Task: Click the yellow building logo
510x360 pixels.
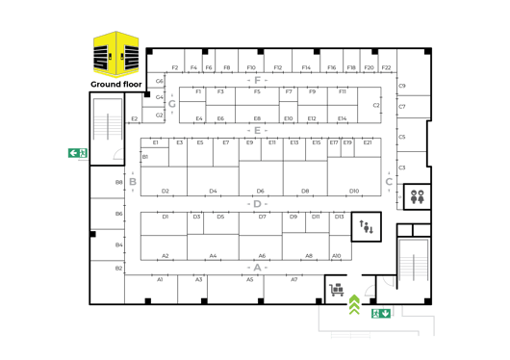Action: click(x=116, y=54)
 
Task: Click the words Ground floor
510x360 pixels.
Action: click(x=115, y=85)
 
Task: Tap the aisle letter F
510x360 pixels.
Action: click(x=257, y=79)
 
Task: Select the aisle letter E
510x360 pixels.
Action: click(x=257, y=129)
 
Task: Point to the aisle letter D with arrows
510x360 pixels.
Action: click(x=257, y=203)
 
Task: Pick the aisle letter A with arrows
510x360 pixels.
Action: click(x=257, y=266)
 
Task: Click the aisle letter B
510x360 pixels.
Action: click(x=133, y=181)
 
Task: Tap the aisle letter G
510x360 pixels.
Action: click(x=171, y=102)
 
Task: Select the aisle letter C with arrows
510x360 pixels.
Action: click(x=389, y=181)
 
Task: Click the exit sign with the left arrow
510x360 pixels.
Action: click(x=77, y=152)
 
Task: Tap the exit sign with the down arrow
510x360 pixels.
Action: click(x=381, y=313)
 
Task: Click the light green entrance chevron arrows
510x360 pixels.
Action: click(x=354, y=303)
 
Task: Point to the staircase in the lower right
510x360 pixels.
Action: click(x=413, y=260)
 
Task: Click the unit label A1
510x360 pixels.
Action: click(x=160, y=279)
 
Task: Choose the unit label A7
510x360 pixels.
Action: click(x=294, y=279)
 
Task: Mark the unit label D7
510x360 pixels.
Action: click(x=262, y=217)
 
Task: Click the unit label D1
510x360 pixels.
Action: click(x=166, y=217)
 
